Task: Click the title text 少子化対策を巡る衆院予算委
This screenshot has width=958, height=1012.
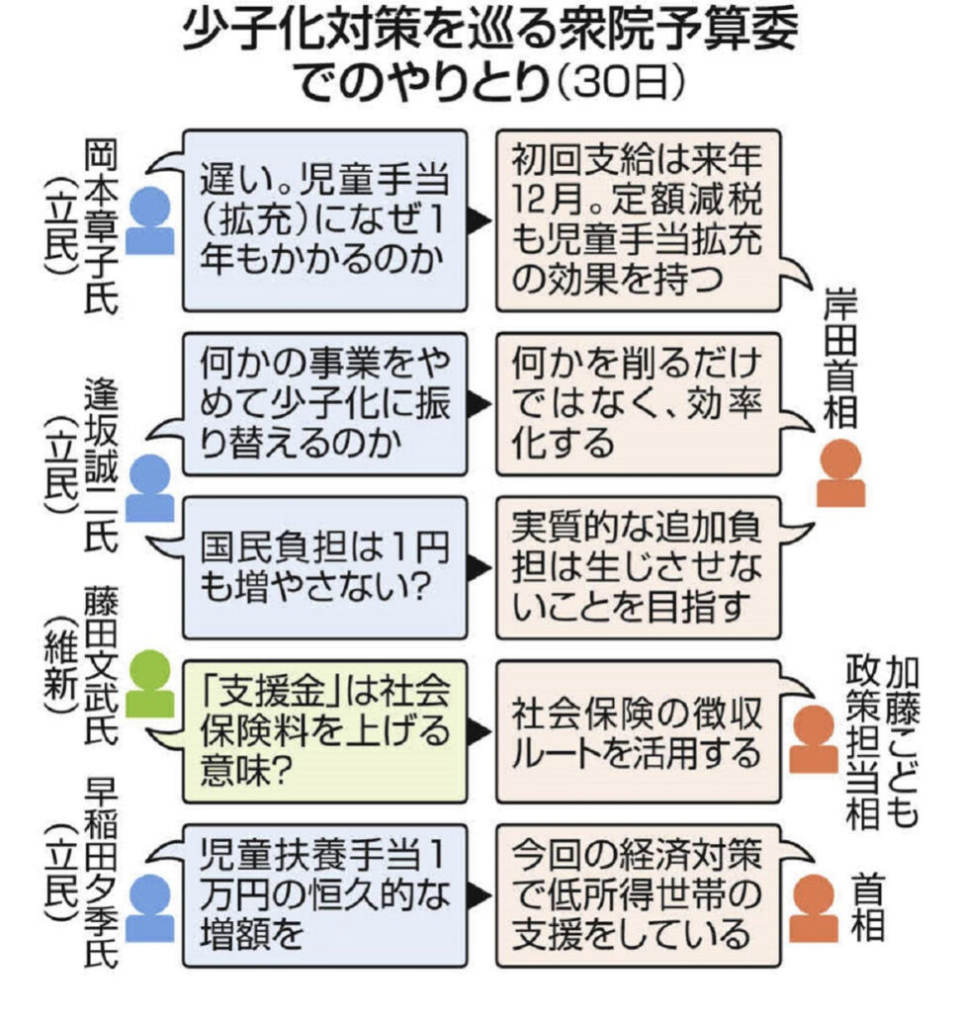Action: point(490,38)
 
